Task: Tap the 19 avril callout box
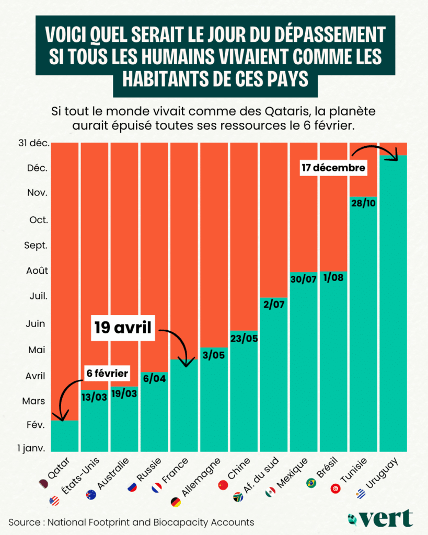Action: (124, 328)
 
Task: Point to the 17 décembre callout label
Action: (333, 168)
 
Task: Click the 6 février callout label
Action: (107, 373)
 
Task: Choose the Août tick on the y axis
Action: (37, 271)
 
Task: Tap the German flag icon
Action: (176, 502)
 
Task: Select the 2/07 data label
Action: (274, 304)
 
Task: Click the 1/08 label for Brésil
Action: (333, 277)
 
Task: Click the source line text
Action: (131, 522)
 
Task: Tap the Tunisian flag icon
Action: (336, 489)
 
